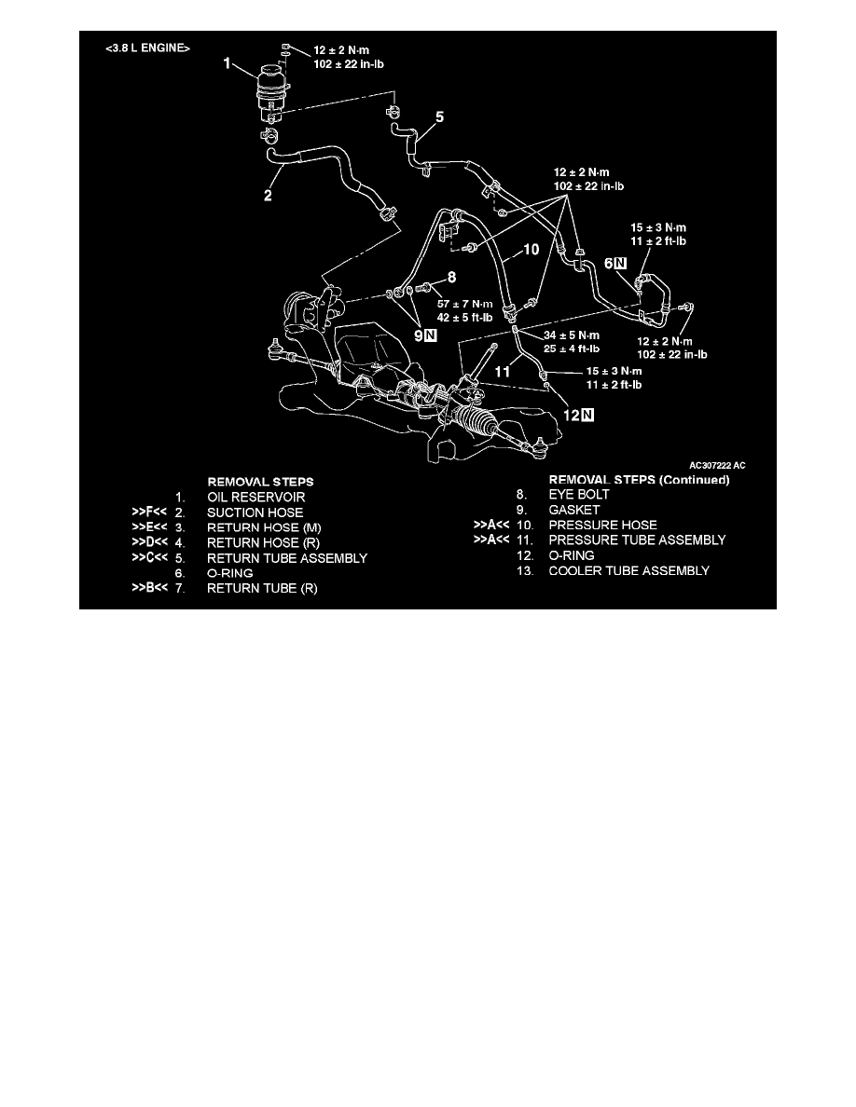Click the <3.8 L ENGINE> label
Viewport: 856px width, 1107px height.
147,48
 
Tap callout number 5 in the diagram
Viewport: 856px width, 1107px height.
440,116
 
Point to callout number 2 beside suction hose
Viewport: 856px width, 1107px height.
268,195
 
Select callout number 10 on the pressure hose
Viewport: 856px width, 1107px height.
532,249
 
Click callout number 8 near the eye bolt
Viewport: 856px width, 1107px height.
452,278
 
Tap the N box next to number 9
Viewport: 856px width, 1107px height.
431,335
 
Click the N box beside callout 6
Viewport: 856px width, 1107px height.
620,264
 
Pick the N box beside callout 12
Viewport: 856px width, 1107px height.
587,416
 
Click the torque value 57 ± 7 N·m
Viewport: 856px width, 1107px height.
464,304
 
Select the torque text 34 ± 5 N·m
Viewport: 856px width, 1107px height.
572,335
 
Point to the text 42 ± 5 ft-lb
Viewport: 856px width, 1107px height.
464,318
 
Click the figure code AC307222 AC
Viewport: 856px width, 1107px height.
717,465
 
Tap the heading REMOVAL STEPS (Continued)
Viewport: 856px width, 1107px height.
639,480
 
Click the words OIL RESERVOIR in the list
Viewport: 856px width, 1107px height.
255,497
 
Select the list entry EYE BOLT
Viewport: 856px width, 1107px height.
579,494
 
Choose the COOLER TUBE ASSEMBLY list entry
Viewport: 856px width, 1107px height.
629,570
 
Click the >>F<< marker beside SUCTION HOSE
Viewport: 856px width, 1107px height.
150,512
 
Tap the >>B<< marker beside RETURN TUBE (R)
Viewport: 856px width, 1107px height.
150,587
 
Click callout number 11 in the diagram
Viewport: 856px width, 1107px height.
503,372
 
